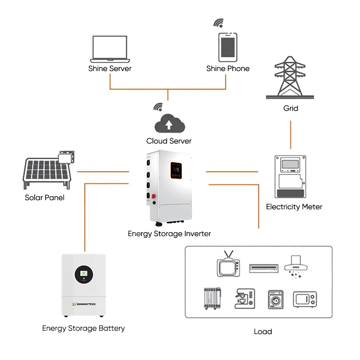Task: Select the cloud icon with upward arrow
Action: (x=168, y=123)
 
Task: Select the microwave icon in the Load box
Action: (x=305, y=300)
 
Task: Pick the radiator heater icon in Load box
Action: (x=211, y=299)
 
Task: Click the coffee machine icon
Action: (x=243, y=299)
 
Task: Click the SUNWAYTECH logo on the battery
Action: (x=84, y=303)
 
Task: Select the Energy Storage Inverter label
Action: (x=169, y=234)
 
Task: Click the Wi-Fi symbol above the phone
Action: (x=218, y=23)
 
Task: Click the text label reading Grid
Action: (x=290, y=108)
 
